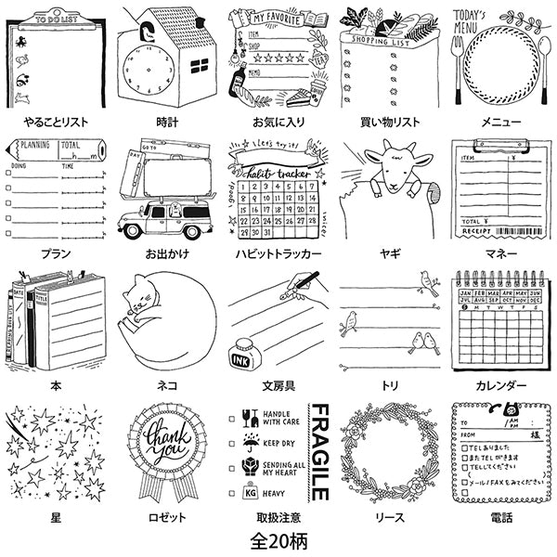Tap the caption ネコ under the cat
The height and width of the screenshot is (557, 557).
pos(167,384)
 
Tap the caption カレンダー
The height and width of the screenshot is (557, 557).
pos(501,384)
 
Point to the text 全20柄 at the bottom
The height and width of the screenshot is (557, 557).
pos(278,538)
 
